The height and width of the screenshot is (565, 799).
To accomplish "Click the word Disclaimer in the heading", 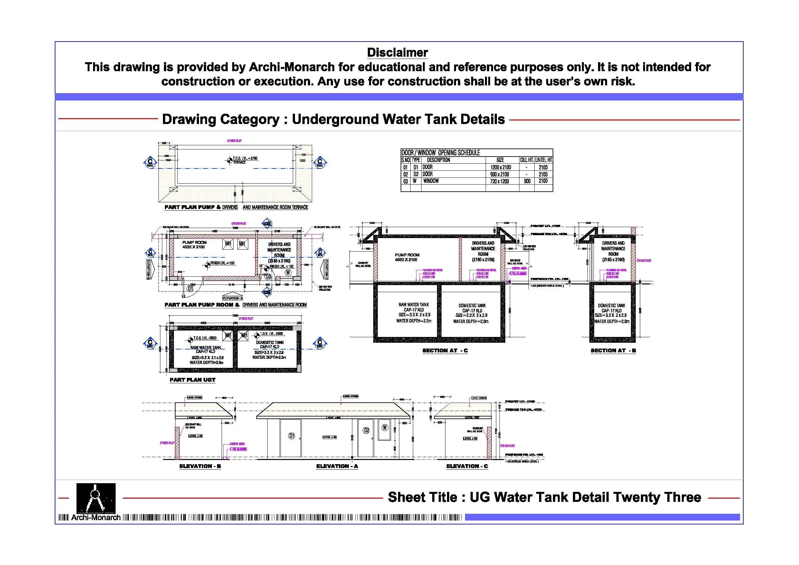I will [397, 53].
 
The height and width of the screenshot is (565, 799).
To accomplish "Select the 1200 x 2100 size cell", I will [500, 168].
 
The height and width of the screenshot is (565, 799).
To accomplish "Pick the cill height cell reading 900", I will [527, 181].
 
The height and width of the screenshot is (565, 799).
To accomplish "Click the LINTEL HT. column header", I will [544, 160].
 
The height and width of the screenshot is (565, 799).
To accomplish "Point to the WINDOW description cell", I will [431, 181].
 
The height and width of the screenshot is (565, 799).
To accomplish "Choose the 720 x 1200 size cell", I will [499, 181].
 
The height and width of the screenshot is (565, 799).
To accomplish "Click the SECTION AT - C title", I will [445, 350].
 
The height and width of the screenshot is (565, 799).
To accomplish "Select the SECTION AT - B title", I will [613, 350].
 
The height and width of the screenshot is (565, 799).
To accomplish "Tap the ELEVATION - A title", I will [337, 466].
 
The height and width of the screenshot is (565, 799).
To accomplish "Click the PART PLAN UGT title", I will [193, 380].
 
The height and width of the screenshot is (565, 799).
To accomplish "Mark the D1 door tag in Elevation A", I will [292, 436].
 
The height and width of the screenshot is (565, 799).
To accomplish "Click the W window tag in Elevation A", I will [385, 427].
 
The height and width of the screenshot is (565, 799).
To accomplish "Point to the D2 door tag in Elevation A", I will [366, 430].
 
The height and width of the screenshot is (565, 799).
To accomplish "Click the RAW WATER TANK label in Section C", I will [414, 305].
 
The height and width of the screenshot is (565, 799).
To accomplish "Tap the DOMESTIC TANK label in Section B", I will [612, 306].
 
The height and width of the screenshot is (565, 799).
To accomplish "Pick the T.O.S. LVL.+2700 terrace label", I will [245, 158].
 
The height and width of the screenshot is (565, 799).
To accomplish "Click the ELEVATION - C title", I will [467, 466].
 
